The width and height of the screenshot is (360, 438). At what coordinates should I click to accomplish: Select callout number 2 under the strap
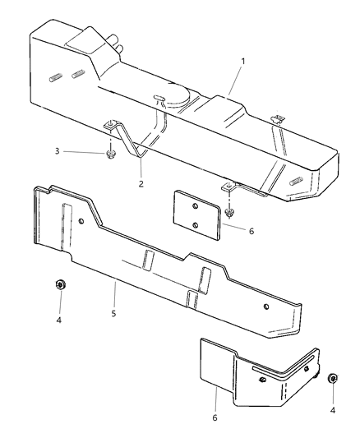[x=141, y=183]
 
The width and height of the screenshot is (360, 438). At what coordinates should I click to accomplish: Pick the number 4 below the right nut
[x=333, y=409]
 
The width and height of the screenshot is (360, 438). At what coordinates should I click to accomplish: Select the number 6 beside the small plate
[x=251, y=231]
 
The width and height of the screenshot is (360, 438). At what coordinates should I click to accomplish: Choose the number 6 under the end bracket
[x=215, y=418]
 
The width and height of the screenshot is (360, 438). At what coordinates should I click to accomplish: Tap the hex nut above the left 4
[x=60, y=285]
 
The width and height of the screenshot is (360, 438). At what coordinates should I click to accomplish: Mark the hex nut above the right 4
[x=332, y=379]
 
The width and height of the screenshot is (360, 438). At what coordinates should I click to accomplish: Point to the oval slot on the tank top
[x=160, y=99]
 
